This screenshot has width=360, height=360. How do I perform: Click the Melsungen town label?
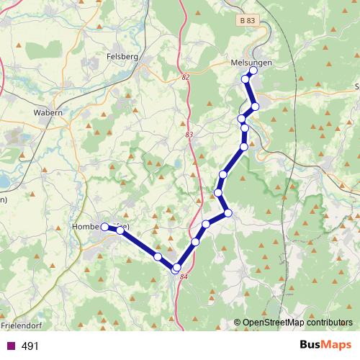coord(251,62)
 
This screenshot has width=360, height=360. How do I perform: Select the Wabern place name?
coord(48,113)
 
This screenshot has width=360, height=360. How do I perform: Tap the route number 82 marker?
coord(186,77)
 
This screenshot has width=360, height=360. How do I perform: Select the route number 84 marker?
coord(183,277)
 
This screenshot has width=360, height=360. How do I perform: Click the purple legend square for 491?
coord(10,346)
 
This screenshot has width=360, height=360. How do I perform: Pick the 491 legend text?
coord(30,346)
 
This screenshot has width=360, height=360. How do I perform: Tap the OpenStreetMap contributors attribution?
coord(297,323)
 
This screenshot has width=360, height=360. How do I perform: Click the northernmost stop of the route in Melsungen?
coord(253,71)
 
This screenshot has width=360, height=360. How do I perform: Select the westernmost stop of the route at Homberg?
coord(105,227)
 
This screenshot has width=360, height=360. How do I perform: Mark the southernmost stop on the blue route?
coord(175,269)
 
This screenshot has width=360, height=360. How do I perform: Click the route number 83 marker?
coord(189,135)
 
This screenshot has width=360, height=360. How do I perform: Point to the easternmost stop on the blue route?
coord(255,107)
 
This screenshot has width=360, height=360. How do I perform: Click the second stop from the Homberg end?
coord(120,230)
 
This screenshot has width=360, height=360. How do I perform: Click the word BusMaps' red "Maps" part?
coord(336,345)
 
